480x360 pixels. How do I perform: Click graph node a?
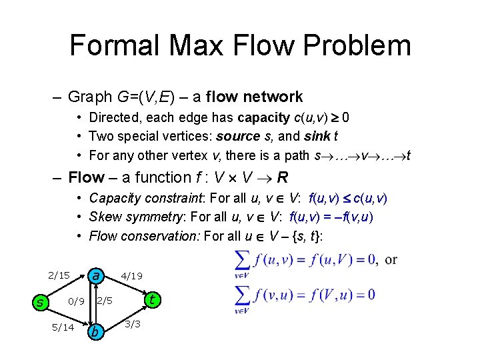coord(97,275)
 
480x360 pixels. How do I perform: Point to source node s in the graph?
coord(39,303)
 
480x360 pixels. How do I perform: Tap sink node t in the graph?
coord(153,299)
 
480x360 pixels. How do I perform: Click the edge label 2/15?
coord(59,275)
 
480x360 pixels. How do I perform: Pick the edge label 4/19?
coord(131,275)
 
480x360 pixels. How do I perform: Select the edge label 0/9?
coord(77,301)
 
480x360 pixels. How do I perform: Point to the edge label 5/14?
coord(63,327)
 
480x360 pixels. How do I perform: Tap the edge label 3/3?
coord(132,325)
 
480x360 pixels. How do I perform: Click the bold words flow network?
coord(255,97)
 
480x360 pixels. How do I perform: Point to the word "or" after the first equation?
coord(391,259)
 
